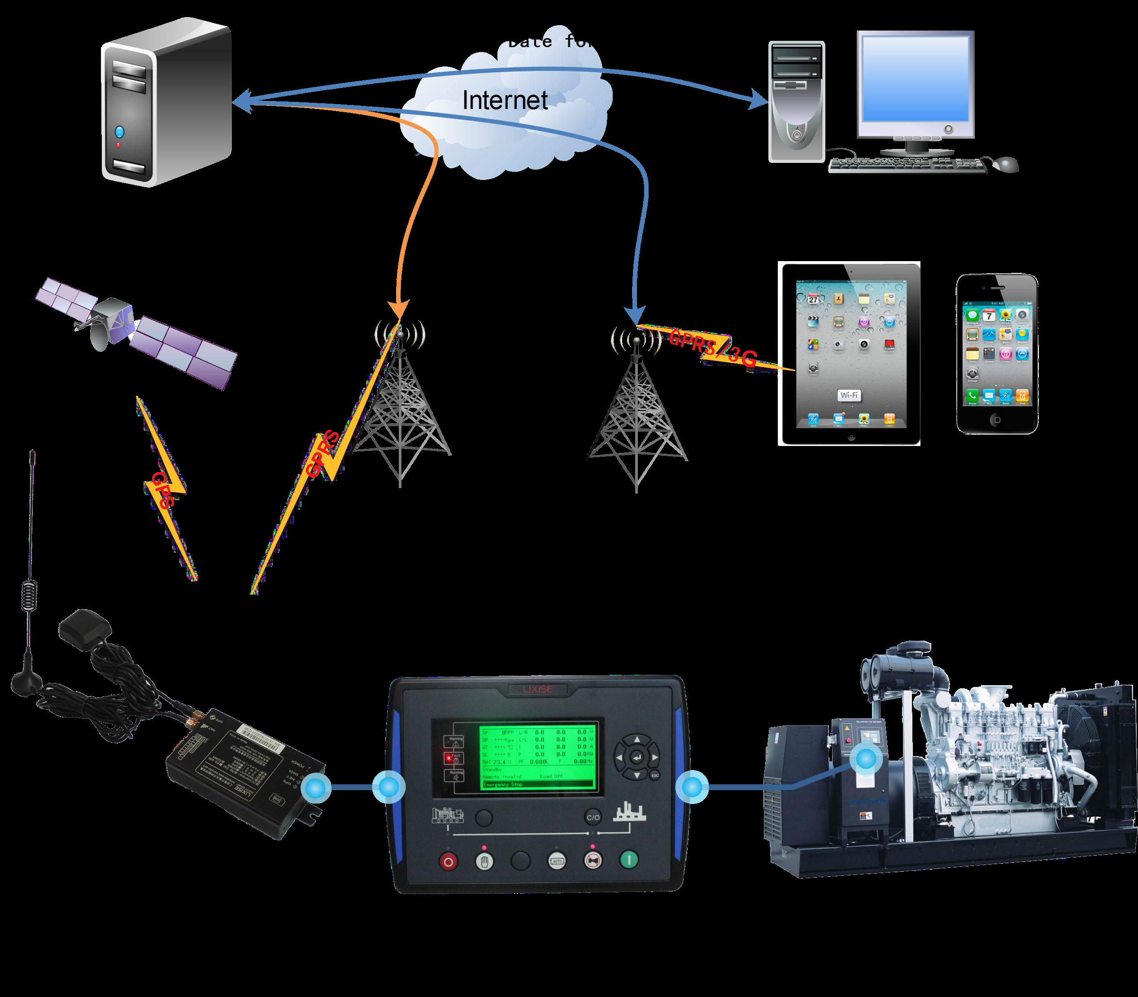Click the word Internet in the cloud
[505, 101]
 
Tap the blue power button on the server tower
[119, 132]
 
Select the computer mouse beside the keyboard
[1006, 164]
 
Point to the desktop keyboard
[907, 165]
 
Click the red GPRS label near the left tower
[323, 454]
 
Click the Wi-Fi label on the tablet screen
[849, 395]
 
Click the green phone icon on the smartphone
[972, 396]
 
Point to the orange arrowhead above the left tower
[399, 309]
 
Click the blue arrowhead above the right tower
[635, 315]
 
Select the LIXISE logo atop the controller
[537, 689]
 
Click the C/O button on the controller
[593, 817]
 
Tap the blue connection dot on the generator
[865, 758]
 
